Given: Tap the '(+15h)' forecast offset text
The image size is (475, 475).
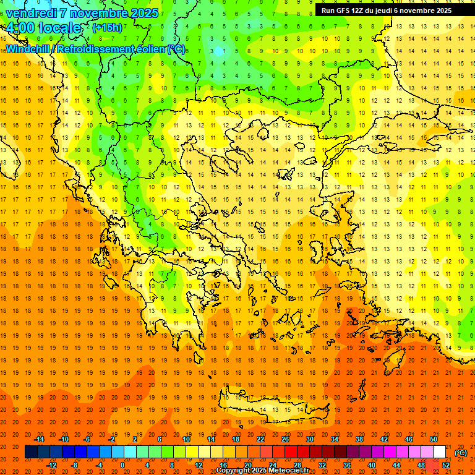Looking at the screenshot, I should point(107,27).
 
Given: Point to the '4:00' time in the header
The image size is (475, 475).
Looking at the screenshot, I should point(20,28).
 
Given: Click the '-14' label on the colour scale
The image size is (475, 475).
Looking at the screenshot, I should point(40,439).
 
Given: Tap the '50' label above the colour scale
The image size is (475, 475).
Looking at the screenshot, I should point(434,439).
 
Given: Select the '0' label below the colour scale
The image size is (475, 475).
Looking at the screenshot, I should point(122,465).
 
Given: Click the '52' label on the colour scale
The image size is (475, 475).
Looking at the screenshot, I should point(446,465).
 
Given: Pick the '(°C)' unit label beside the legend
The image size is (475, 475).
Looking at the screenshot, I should point(461,453).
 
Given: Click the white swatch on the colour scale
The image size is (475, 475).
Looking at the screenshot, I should point(439,452).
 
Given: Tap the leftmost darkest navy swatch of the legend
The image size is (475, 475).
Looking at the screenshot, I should point(31,452).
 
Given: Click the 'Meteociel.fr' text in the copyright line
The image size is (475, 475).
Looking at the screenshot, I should point(288,471).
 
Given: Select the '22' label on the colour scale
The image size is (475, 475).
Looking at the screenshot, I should point(260,439).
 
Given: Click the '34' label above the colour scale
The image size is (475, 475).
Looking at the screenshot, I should point(335,439).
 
